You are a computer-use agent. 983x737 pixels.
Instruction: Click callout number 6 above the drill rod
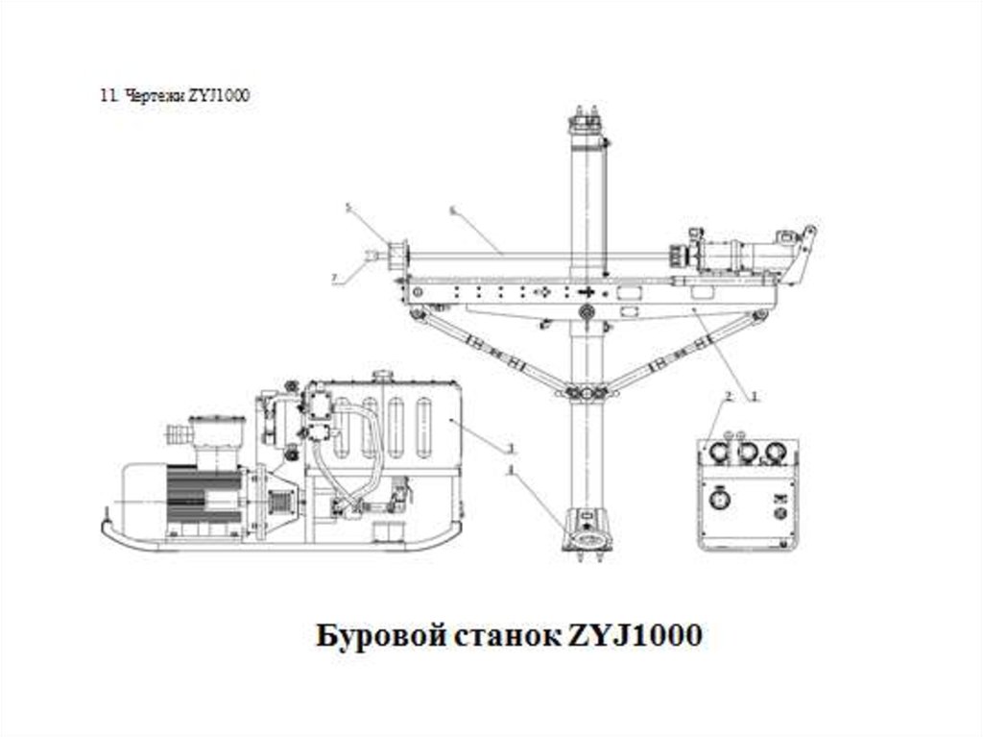[x=451, y=209]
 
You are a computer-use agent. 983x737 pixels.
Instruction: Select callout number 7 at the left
[x=334, y=278]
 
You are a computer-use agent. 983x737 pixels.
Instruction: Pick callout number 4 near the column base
[x=512, y=469]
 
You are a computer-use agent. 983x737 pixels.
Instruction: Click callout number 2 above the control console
[x=730, y=396]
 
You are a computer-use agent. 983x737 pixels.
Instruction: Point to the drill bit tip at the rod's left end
[x=371, y=256]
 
